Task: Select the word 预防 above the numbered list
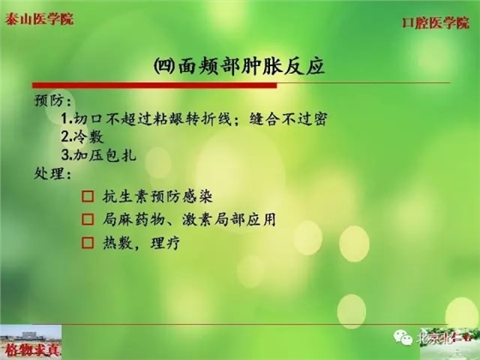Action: [x=49, y=100]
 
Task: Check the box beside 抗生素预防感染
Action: [x=87, y=198]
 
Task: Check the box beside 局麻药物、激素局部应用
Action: [x=87, y=220]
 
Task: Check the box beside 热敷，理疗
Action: [x=87, y=243]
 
